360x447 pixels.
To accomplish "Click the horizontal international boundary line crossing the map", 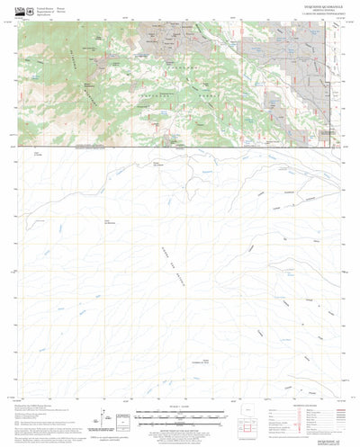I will pyautogui.click(x=180, y=147).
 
